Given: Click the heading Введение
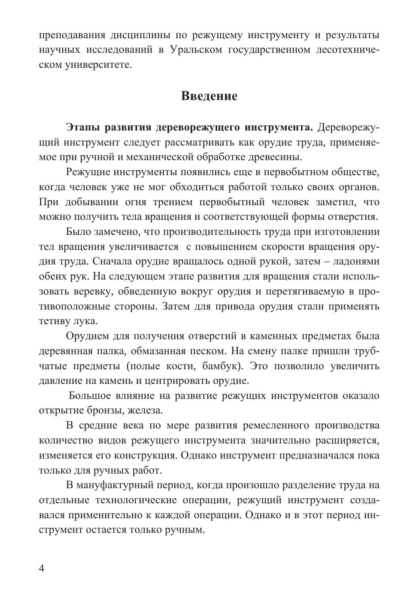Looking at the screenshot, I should (209, 96).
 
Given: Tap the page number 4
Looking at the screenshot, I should (42, 569).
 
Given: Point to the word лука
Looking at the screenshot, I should (87, 322).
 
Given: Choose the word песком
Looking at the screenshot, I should (206, 351).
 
